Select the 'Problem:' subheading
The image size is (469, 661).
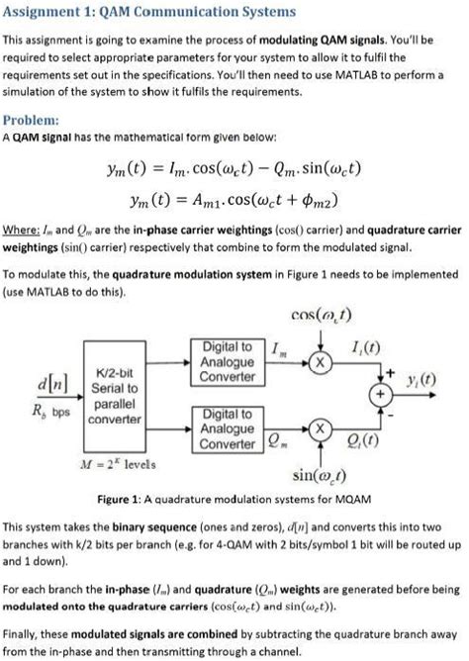(x=29, y=121)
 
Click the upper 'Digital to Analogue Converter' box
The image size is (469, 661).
(x=228, y=363)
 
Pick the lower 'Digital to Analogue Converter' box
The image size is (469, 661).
(x=228, y=427)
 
